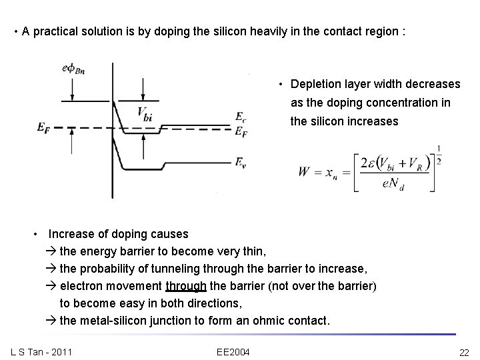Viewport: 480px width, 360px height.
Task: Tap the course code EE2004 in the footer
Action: pos(233,351)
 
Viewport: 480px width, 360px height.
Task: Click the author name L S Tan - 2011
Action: pos(42,351)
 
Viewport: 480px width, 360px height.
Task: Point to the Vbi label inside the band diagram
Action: pos(145,113)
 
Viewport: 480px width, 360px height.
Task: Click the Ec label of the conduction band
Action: pos(241,117)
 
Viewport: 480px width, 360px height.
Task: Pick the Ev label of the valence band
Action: pos(241,161)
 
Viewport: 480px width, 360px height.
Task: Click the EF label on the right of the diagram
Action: pos(241,131)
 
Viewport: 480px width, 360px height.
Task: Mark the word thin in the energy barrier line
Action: pos(254,251)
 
